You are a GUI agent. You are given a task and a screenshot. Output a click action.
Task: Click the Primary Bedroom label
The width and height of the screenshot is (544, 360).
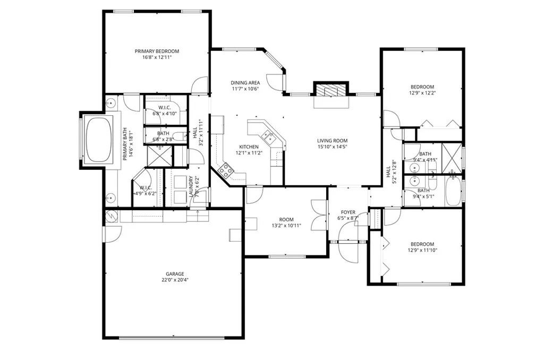coord(157,52)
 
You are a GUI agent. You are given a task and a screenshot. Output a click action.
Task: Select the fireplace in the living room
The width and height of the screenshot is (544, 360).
coord(330,91)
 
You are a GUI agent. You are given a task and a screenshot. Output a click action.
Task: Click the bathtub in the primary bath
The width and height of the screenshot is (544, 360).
coord(99,139)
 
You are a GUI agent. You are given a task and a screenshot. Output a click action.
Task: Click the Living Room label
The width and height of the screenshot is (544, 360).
coord(333,141)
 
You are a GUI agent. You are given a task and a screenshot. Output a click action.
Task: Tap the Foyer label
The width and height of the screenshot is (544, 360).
coord(348,212)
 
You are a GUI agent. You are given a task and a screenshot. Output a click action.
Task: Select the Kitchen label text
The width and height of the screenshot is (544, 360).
coord(249,147)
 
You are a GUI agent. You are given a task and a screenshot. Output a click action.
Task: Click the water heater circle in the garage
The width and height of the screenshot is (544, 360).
coord(111,216)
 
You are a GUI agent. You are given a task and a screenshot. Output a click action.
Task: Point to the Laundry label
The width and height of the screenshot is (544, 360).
coord(191,187)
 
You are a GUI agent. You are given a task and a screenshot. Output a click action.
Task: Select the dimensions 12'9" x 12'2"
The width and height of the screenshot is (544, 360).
coord(422,93)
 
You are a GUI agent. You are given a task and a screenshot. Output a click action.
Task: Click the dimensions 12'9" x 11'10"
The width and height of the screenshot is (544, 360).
coord(422,250)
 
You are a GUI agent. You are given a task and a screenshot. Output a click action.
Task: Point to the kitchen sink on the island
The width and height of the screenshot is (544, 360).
coord(270,140)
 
